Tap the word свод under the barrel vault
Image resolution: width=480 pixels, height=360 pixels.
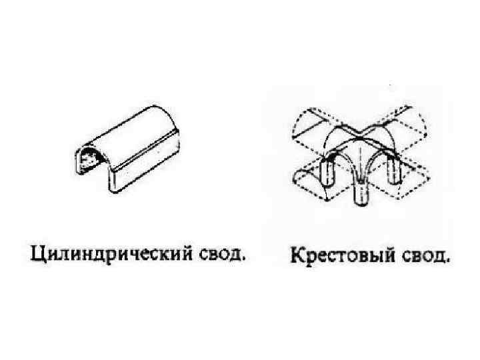[217, 253]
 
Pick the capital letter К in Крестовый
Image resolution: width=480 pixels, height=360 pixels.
[296, 255]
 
